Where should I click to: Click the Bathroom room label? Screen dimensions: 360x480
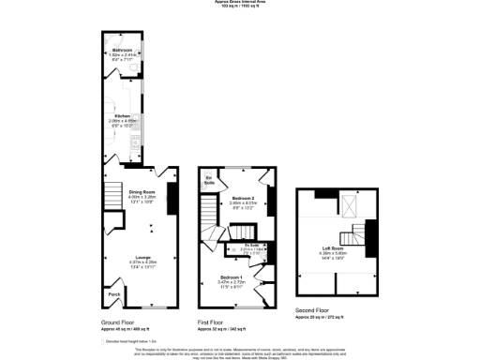(122, 50)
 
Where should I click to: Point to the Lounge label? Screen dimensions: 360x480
(142, 257)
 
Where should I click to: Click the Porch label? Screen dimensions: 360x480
(114, 294)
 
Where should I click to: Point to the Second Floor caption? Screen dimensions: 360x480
(312, 309)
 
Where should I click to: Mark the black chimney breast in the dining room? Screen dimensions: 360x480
(172, 197)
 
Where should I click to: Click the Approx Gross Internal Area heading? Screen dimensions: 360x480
(240, 3)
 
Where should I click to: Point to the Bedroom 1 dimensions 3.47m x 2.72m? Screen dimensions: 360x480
(231, 283)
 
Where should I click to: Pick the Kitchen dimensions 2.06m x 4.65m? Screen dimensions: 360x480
(123, 122)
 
